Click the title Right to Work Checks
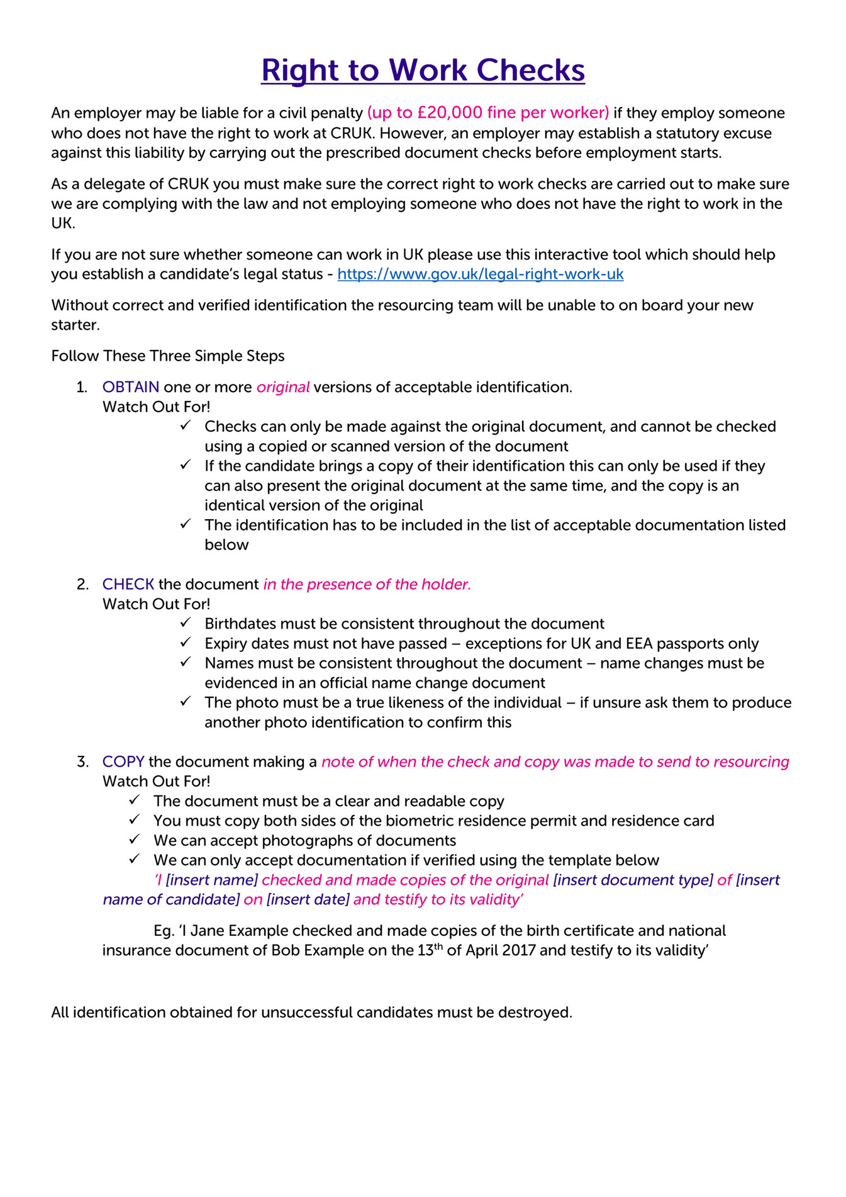point(423,70)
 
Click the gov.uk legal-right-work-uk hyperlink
point(480,274)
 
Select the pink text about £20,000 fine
point(487,113)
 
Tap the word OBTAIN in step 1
point(131,387)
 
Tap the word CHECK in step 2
point(128,584)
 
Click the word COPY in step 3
point(123,761)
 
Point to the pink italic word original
point(282,387)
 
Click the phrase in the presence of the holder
point(367,584)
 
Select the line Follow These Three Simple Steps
point(168,356)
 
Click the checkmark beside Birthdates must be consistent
point(185,623)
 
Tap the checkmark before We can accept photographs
point(134,840)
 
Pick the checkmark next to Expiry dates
point(185,643)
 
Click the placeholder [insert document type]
point(633,880)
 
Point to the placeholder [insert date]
point(308,899)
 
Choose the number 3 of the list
point(82,761)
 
